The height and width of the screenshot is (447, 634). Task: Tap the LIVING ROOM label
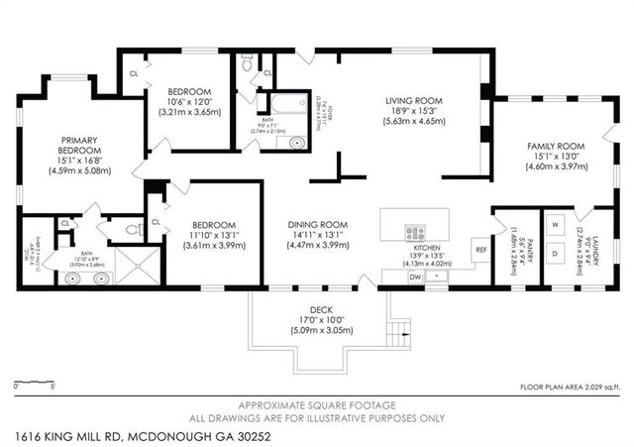[x=413, y=100]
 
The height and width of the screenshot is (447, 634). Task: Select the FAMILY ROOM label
[x=556, y=146]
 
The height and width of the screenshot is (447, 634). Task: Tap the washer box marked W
[x=556, y=223]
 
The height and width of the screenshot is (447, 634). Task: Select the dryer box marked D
[x=556, y=254]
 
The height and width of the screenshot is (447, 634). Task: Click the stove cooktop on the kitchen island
[x=415, y=233]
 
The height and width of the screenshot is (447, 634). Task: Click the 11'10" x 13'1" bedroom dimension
[x=211, y=235]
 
